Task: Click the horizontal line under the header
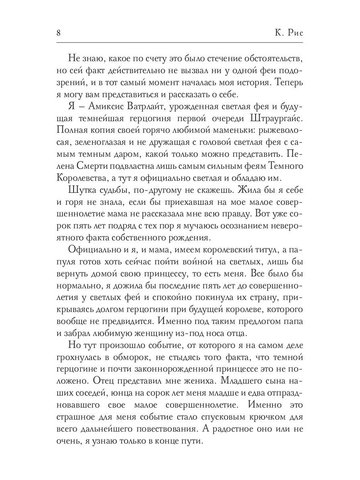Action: [x=180, y=43]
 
